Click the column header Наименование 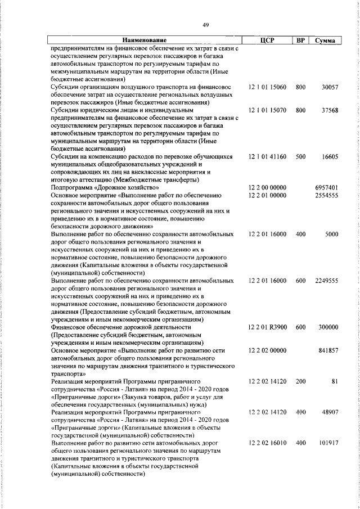145,40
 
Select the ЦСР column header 267,40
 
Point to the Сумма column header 326,40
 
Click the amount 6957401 326,187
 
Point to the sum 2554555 326,195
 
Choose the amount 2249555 326,280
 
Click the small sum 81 334,381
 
